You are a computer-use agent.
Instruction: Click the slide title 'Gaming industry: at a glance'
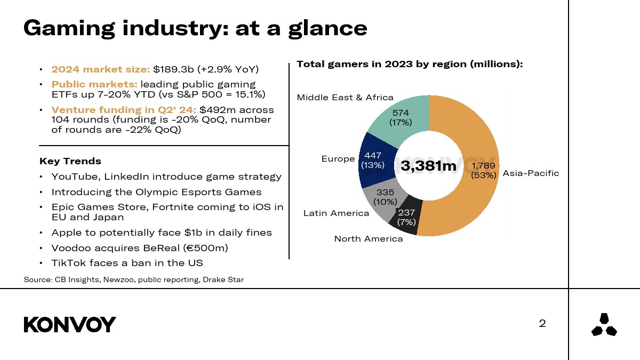coord(195,28)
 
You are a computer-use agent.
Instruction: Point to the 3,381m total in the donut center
coord(429,166)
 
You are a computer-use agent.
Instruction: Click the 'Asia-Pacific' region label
coord(531,173)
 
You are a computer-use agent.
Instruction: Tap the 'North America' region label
coord(369,238)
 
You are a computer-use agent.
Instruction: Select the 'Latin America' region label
coord(336,213)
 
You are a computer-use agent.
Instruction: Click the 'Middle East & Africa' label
coord(345,97)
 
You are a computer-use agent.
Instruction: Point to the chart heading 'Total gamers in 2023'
coord(409,64)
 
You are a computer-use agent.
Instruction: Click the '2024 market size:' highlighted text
coord(101,69)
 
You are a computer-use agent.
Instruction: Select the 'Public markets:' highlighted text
coord(94,84)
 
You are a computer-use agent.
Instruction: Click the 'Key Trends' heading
coord(70,161)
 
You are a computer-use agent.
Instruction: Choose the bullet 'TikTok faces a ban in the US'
coord(127,262)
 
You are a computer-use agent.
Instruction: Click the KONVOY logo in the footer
coord(70,324)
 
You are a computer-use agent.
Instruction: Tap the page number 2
coord(542,323)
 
